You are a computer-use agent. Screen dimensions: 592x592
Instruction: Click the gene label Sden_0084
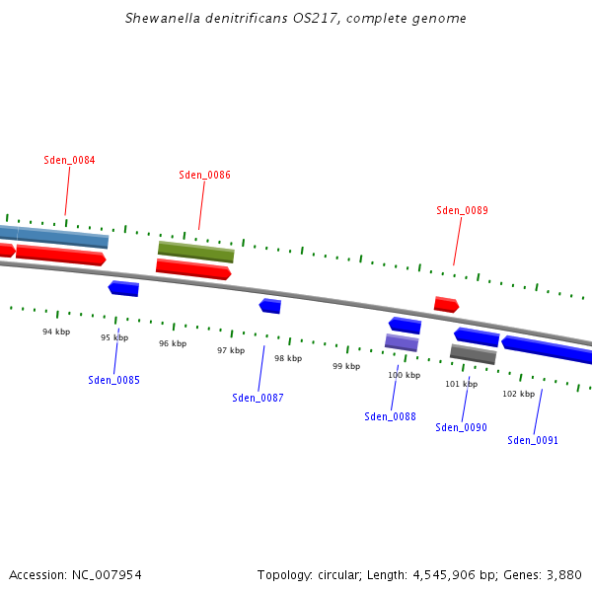click(69, 160)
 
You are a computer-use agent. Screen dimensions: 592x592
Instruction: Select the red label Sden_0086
click(204, 175)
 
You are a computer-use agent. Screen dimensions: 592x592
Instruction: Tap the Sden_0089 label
click(462, 210)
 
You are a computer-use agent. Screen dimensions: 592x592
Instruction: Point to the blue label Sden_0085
click(113, 380)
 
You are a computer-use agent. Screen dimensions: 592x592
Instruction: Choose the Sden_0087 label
click(258, 398)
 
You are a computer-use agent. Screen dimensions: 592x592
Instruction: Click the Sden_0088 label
click(390, 416)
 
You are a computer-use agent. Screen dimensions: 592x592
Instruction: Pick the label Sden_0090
click(461, 427)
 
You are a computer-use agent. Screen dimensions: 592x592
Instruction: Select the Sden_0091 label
click(533, 440)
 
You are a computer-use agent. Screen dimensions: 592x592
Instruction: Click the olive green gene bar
click(196, 252)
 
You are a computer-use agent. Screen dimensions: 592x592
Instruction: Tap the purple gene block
click(402, 342)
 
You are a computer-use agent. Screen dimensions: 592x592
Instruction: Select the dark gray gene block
click(473, 353)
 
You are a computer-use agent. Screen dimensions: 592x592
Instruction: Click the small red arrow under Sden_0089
click(446, 305)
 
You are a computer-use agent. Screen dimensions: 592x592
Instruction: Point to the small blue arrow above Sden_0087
click(270, 306)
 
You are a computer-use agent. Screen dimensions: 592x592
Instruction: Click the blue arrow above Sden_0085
click(123, 288)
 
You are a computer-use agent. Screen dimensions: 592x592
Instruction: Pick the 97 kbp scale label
click(231, 350)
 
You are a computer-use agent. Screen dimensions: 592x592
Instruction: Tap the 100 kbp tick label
click(404, 375)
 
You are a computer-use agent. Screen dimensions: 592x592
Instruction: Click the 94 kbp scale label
click(56, 332)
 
